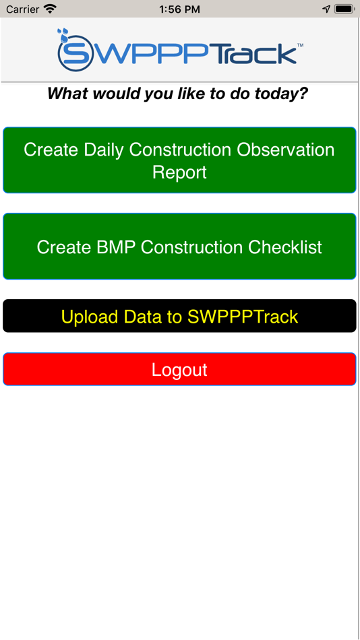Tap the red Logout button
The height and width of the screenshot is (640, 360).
tap(179, 370)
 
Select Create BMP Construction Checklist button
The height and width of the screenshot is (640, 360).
tap(179, 247)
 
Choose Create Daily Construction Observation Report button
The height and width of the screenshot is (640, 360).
tap(179, 160)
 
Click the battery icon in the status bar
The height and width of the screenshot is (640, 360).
tap(344, 9)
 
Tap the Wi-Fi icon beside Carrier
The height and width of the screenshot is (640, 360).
tap(50, 9)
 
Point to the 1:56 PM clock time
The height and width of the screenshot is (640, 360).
tap(179, 9)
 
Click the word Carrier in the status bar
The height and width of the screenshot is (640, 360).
tap(22, 9)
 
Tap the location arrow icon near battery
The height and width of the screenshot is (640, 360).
tap(326, 9)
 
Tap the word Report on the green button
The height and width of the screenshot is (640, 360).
tap(179, 172)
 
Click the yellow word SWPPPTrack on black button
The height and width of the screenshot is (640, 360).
tap(243, 317)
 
